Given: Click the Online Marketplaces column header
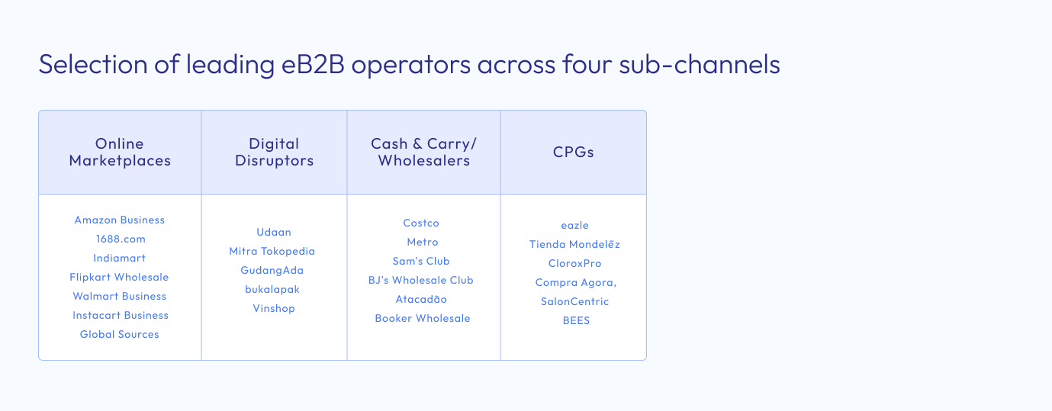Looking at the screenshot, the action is [x=120, y=152].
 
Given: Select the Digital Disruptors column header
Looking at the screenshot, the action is [x=275, y=152].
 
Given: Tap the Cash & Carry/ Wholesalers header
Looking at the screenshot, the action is [x=423, y=152].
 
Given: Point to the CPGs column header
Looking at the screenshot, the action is [x=574, y=152].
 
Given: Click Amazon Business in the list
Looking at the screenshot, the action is [x=120, y=220].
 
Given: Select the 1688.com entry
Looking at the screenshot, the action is [x=121, y=239].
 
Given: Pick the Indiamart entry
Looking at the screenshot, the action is [x=119, y=258].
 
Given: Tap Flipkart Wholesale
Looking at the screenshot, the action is [x=119, y=278].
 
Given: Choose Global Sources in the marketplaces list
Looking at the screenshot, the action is [x=119, y=335].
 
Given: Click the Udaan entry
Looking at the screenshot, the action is [x=274, y=233].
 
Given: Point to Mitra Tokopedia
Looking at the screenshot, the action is [x=272, y=252].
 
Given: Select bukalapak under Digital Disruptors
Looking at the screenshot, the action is [x=272, y=290].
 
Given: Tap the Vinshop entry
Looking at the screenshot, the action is [x=274, y=308].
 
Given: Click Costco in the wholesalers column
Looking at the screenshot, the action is [x=421, y=223].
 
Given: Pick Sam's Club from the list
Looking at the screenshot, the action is [x=421, y=262].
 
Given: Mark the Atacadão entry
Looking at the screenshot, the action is [x=421, y=300].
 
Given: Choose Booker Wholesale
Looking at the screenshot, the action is [x=423, y=319].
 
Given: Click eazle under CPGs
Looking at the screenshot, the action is [x=575, y=226].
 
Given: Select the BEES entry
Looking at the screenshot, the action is [x=576, y=321].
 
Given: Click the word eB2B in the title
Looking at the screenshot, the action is [x=313, y=64].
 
